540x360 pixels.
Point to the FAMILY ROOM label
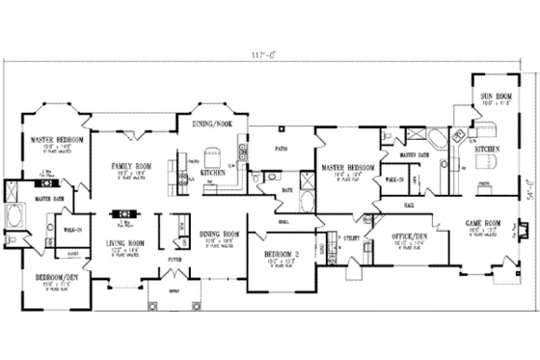click(x=126, y=165)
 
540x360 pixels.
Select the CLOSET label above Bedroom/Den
click(x=46, y=256)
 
